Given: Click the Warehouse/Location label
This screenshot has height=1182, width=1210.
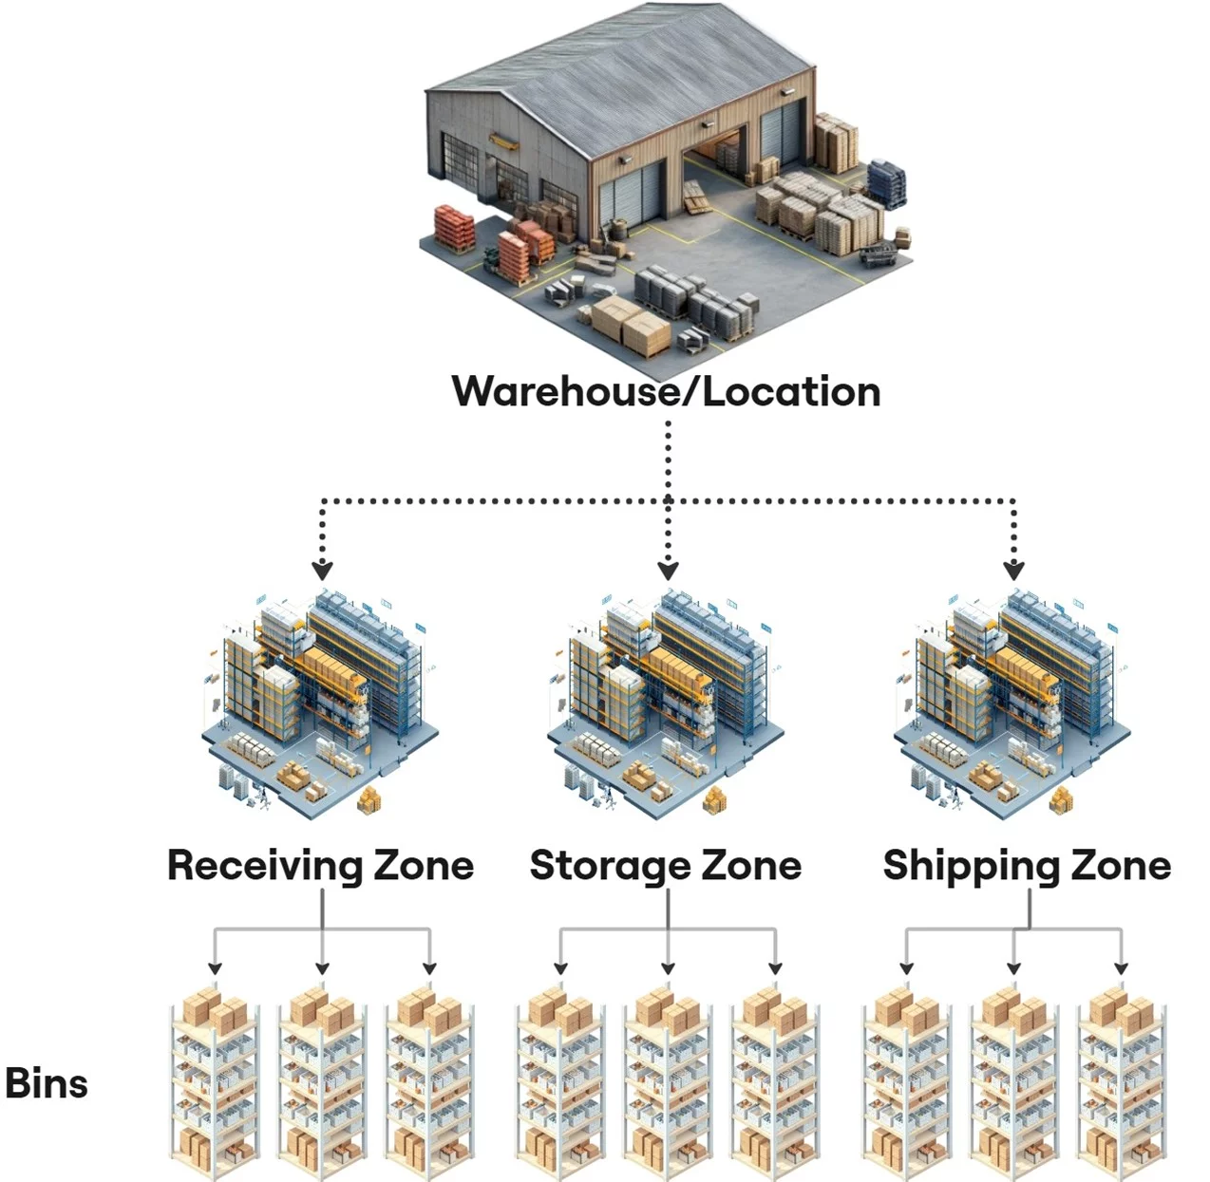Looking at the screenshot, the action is [x=666, y=392].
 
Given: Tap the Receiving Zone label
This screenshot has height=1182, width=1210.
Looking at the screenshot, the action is [x=321, y=866].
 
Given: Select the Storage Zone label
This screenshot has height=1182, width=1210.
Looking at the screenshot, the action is [x=666, y=866].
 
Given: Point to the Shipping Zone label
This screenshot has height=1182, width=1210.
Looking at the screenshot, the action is [x=1027, y=866].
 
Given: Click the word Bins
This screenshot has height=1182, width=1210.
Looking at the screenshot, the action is [x=47, y=1084].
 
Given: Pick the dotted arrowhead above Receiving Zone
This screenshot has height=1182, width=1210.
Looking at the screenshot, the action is [x=322, y=571].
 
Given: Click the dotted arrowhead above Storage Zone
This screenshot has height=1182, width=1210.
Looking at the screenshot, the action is [x=668, y=571].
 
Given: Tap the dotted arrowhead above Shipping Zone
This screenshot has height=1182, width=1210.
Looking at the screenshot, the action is [x=1013, y=571].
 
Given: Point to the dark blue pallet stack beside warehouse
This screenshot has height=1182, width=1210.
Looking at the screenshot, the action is [x=886, y=183].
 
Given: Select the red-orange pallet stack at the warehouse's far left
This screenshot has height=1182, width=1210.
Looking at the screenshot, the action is [x=453, y=228].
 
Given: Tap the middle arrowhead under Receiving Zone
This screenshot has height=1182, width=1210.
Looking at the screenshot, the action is [x=322, y=968].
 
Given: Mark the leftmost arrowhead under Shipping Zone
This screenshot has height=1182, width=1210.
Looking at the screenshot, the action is [x=906, y=968].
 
